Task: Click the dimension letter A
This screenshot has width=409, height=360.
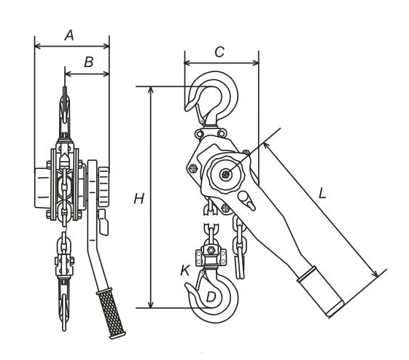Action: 69,36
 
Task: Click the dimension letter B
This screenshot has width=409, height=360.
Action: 89,62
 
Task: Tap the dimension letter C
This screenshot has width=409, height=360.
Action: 219,52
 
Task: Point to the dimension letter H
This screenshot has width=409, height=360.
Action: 139,199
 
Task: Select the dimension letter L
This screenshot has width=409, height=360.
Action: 322,194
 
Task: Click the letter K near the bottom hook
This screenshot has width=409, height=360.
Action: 185,270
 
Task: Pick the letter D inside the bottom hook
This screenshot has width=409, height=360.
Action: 211,297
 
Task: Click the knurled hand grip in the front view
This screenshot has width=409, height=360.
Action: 111,313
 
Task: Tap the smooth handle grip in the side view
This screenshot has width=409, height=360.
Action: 321,291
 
